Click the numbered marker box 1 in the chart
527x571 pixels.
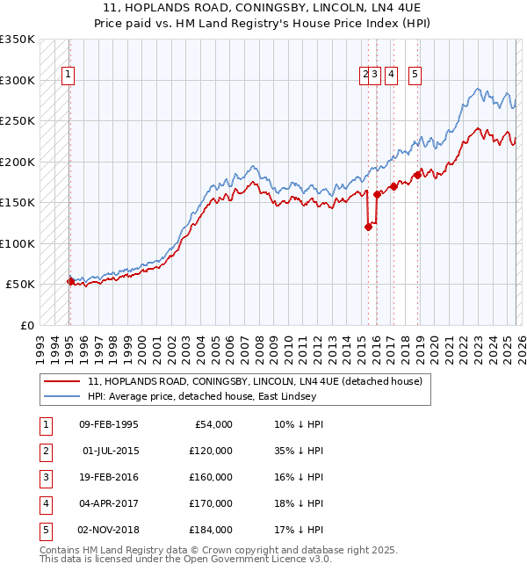click(69, 76)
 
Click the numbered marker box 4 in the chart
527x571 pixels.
click(390, 76)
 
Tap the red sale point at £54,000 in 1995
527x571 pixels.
click(70, 281)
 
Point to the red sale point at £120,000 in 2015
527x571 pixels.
click(368, 227)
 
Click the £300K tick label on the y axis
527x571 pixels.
click(18, 80)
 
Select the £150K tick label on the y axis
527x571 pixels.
click(18, 202)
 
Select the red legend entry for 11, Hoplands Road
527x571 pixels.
click(255, 381)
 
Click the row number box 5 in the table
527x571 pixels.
click(43, 530)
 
